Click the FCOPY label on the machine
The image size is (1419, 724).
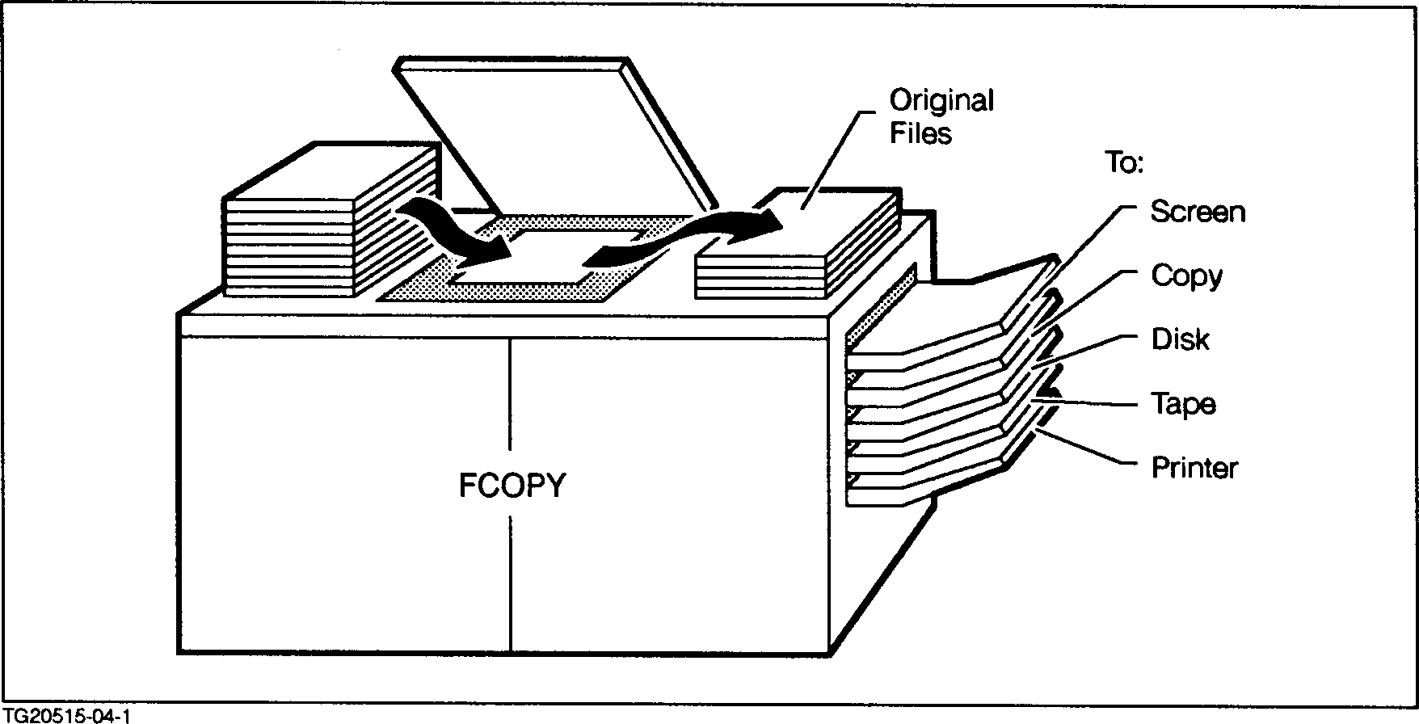[512, 485]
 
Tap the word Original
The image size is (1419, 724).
[941, 101]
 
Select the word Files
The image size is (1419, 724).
[920, 133]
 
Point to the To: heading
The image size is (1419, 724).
[1124, 163]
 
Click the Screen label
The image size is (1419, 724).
[1198, 212]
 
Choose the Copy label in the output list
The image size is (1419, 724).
[1186, 276]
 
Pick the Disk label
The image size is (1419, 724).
[1180, 339]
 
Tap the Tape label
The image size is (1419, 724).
[1183, 403]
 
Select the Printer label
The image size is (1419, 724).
[1194, 468]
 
